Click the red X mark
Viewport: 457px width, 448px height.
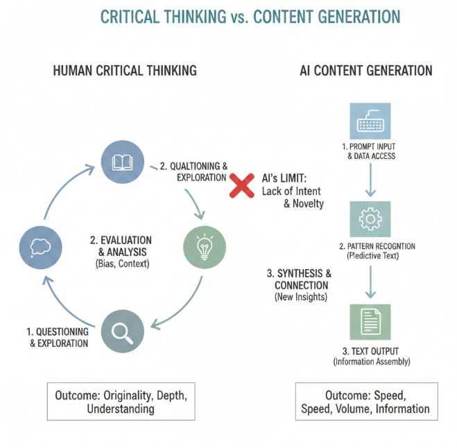click(x=241, y=185)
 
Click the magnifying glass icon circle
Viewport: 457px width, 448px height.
click(x=122, y=331)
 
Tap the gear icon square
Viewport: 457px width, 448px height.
click(x=370, y=220)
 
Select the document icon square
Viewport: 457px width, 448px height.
click(x=370, y=321)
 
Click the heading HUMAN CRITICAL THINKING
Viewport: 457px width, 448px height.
click(x=125, y=71)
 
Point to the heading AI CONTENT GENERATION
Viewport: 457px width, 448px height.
click(x=366, y=71)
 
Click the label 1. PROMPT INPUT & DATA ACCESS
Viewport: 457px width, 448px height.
click(x=370, y=151)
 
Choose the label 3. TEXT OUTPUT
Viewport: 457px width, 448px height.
click(x=370, y=350)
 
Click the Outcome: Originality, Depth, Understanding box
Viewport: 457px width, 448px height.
click(x=121, y=402)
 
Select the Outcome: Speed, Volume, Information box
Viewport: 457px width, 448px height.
click(x=365, y=402)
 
